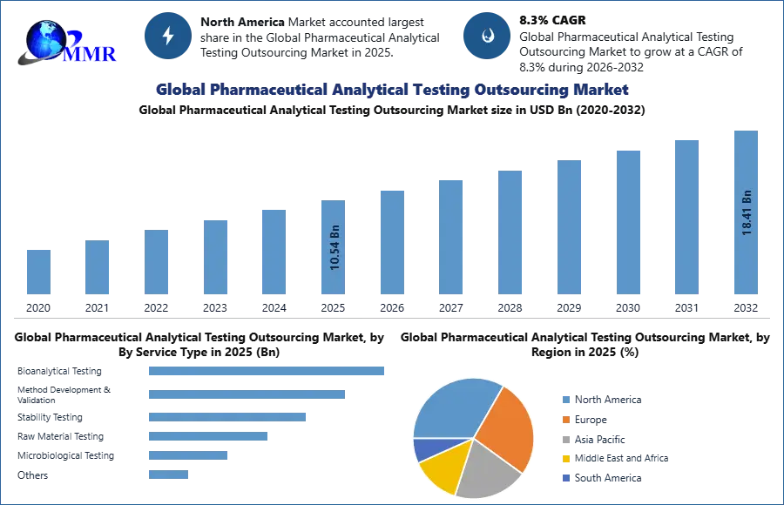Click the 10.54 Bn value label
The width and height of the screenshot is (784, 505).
[x=335, y=248]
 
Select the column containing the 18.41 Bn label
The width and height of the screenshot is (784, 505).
[x=746, y=213]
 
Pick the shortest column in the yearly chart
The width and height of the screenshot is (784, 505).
[x=37, y=272]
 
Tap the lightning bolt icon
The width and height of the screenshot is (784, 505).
[x=168, y=36]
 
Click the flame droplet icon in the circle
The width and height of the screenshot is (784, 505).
[x=487, y=36]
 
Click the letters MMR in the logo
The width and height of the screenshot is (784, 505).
[x=91, y=54]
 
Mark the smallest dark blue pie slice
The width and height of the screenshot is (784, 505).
[x=424, y=448]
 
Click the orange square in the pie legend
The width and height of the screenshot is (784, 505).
[x=566, y=419]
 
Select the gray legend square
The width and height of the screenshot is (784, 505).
[x=566, y=439]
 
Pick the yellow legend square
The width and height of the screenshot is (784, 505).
[x=566, y=459]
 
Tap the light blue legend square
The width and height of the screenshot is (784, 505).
[x=566, y=399]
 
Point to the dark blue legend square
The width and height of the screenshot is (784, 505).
[x=566, y=479]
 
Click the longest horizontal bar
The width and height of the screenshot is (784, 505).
[x=267, y=370]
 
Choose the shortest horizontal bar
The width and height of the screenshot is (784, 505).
[x=167, y=475]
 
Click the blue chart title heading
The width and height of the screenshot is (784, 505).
[x=392, y=90]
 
